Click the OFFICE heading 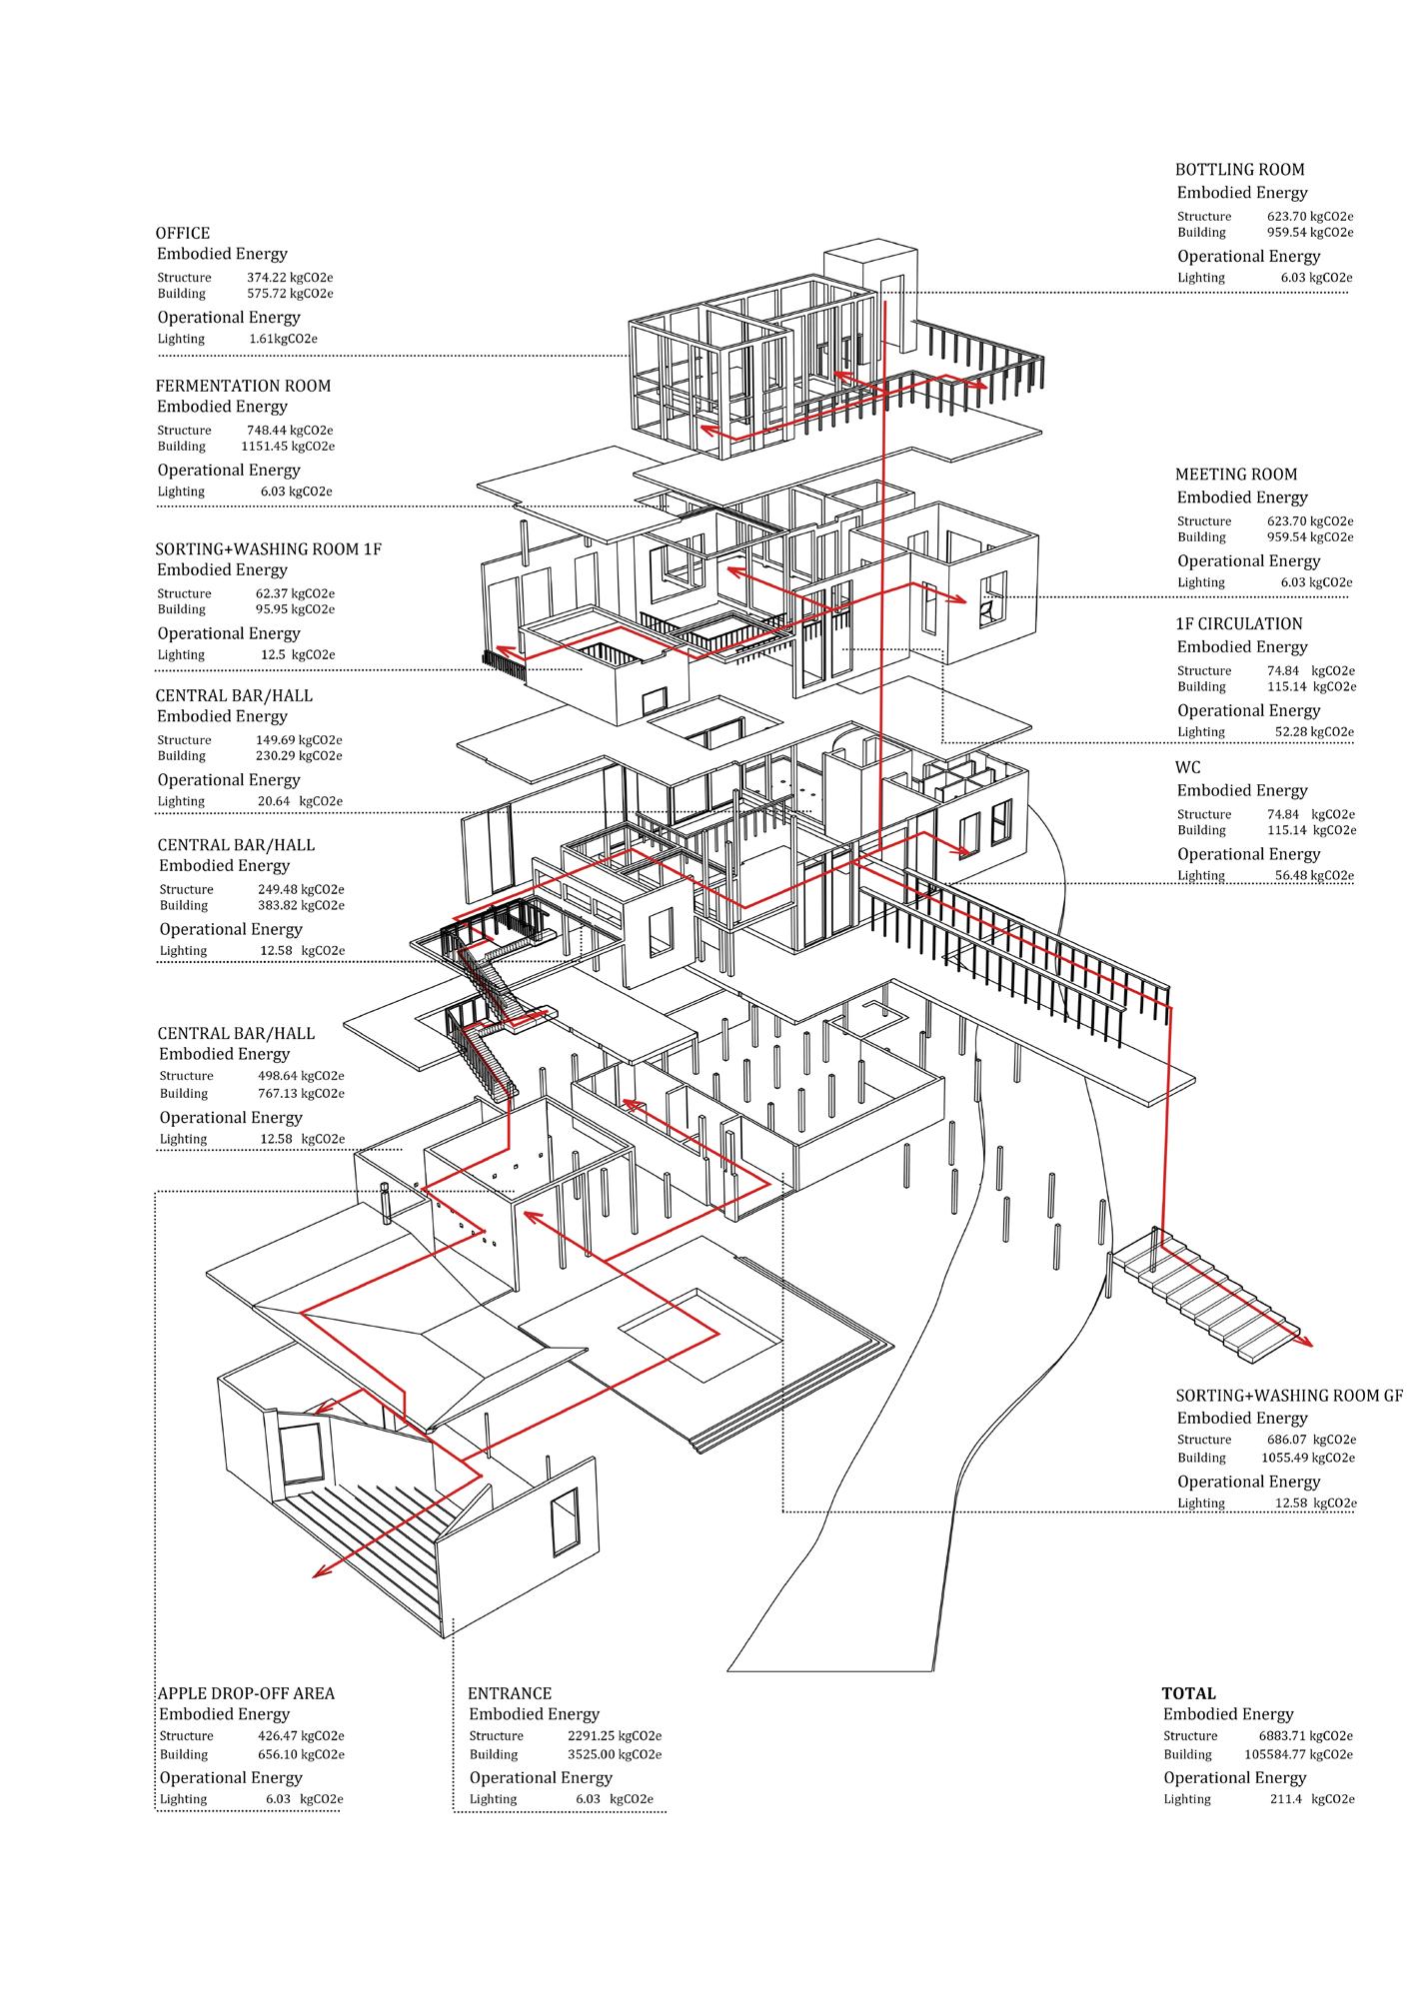[x=183, y=234]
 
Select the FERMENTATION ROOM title [x=243, y=386]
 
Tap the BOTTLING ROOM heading [x=1239, y=170]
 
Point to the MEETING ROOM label [x=1236, y=475]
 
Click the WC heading [x=1188, y=767]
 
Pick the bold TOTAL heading [x=1188, y=1693]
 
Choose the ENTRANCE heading [x=510, y=1693]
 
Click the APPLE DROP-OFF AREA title [x=246, y=1693]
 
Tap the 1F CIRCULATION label [x=1239, y=623]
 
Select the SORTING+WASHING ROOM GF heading [x=1289, y=1396]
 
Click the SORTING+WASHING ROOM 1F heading [x=268, y=549]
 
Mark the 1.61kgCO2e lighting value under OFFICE [x=284, y=339]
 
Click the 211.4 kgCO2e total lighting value [x=1304, y=1798]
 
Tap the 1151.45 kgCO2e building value [x=288, y=447]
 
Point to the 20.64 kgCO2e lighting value [x=301, y=801]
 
